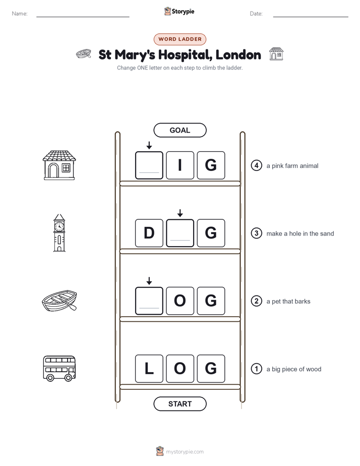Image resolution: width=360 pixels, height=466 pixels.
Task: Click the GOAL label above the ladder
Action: tap(180, 130)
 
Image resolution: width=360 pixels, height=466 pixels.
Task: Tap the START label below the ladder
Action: tap(180, 404)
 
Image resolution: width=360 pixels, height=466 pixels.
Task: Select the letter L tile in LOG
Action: tap(149, 369)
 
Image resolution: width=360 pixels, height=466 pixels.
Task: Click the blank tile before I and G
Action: tap(149, 165)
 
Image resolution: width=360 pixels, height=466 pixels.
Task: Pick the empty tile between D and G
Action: tap(180, 233)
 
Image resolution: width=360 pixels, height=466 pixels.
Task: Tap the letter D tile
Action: tap(149, 233)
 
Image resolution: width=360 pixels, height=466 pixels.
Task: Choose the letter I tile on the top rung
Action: tap(180, 165)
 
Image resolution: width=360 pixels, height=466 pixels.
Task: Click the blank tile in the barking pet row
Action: tap(149, 301)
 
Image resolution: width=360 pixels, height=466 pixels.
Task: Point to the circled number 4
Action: tap(257, 165)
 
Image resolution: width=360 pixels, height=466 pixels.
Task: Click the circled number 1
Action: tap(257, 369)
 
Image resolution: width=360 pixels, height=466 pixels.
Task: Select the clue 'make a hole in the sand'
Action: tap(300, 234)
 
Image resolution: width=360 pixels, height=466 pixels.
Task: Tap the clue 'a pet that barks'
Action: tap(288, 302)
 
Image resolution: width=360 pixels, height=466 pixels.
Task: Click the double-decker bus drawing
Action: tap(59, 369)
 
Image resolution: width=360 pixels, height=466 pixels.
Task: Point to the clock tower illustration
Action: tap(59, 232)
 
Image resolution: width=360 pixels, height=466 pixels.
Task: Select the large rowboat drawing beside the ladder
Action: tap(59, 301)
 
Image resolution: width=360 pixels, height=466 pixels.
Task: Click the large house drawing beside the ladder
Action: tap(59, 165)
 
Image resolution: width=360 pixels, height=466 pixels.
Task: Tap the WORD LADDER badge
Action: tap(180, 39)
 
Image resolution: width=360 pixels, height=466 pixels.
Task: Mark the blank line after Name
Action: tap(83, 17)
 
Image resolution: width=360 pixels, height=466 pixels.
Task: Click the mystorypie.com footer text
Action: tap(185, 452)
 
